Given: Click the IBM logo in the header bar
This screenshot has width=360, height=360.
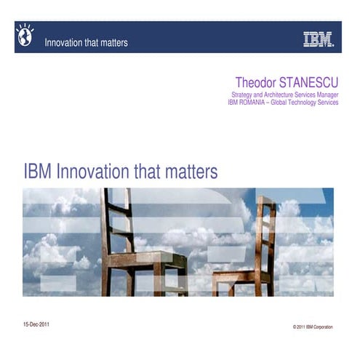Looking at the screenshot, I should point(318,39).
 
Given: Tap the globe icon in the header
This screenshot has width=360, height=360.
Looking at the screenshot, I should point(26,33).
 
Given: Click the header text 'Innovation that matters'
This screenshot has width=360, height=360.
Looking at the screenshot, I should point(86,43).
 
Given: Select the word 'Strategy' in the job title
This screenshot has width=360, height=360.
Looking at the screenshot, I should point(242,95).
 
